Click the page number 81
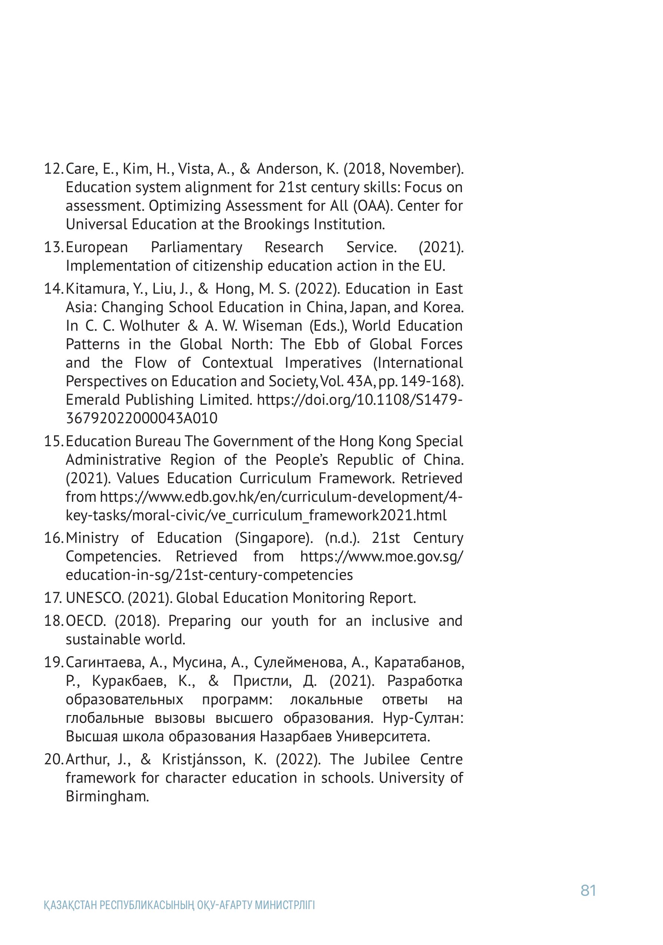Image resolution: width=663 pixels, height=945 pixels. [x=588, y=890]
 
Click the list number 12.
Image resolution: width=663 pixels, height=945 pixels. [x=53, y=169]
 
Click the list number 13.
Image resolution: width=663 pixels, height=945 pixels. [x=53, y=247]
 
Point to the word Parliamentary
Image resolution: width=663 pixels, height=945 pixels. [x=196, y=247]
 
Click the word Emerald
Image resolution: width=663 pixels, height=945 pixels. [x=93, y=400]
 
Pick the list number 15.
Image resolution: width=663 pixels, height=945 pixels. [x=53, y=441]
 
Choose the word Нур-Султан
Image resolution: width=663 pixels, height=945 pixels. [x=423, y=718]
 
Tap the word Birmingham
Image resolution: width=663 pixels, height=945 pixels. [x=107, y=797]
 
